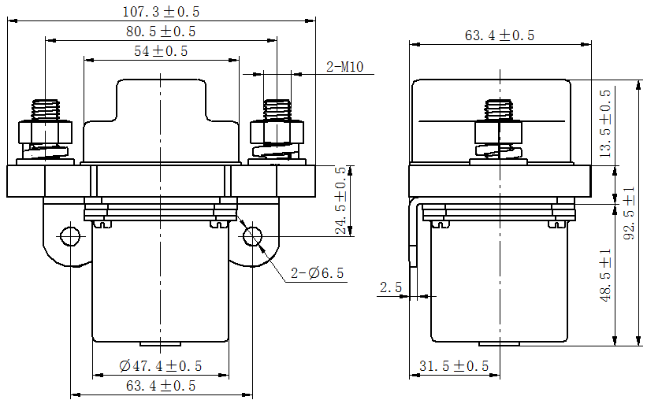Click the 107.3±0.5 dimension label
pyautogui.click(x=161, y=12)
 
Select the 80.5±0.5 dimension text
pyautogui.click(x=161, y=31)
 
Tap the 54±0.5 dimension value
pyautogui.click(x=161, y=51)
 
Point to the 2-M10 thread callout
pyautogui.click(x=345, y=66)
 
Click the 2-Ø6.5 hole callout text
pyautogui.click(x=318, y=273)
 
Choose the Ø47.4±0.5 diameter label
pyautogui.click(x=161, y=366)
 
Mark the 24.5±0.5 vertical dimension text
pyautogui.click(x=340, y=201)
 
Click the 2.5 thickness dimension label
pyautogui.click(x=391, y=287)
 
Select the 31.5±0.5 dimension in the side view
pyautogui.click(x=454, y=366)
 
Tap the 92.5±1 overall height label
pyautogui.click(x=630, y=213)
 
